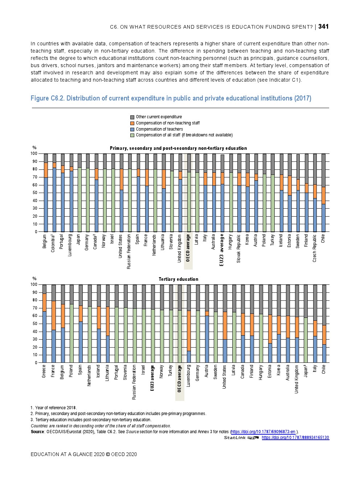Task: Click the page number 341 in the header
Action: [323, 26]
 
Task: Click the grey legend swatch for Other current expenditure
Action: [132, 117]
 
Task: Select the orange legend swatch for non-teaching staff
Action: [132, 123]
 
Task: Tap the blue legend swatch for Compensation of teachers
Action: [132, 129]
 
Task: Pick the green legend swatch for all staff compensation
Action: [132, 135]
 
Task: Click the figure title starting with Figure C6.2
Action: [171, 98]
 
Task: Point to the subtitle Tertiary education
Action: [178, 279]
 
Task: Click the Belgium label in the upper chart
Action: [45, 241]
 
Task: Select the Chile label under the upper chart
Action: [323, 238]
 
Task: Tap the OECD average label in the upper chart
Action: [188, 248]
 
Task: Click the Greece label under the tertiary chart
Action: [44, 371]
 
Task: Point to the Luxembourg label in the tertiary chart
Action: [188, 376]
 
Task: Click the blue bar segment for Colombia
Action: [54, 200]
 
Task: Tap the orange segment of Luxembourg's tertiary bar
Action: [189, 331]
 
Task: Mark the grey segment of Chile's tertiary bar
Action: [324, 305]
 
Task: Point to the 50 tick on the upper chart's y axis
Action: [36, 193]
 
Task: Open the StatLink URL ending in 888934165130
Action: [295, 438]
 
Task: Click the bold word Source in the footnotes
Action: [37, 432]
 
